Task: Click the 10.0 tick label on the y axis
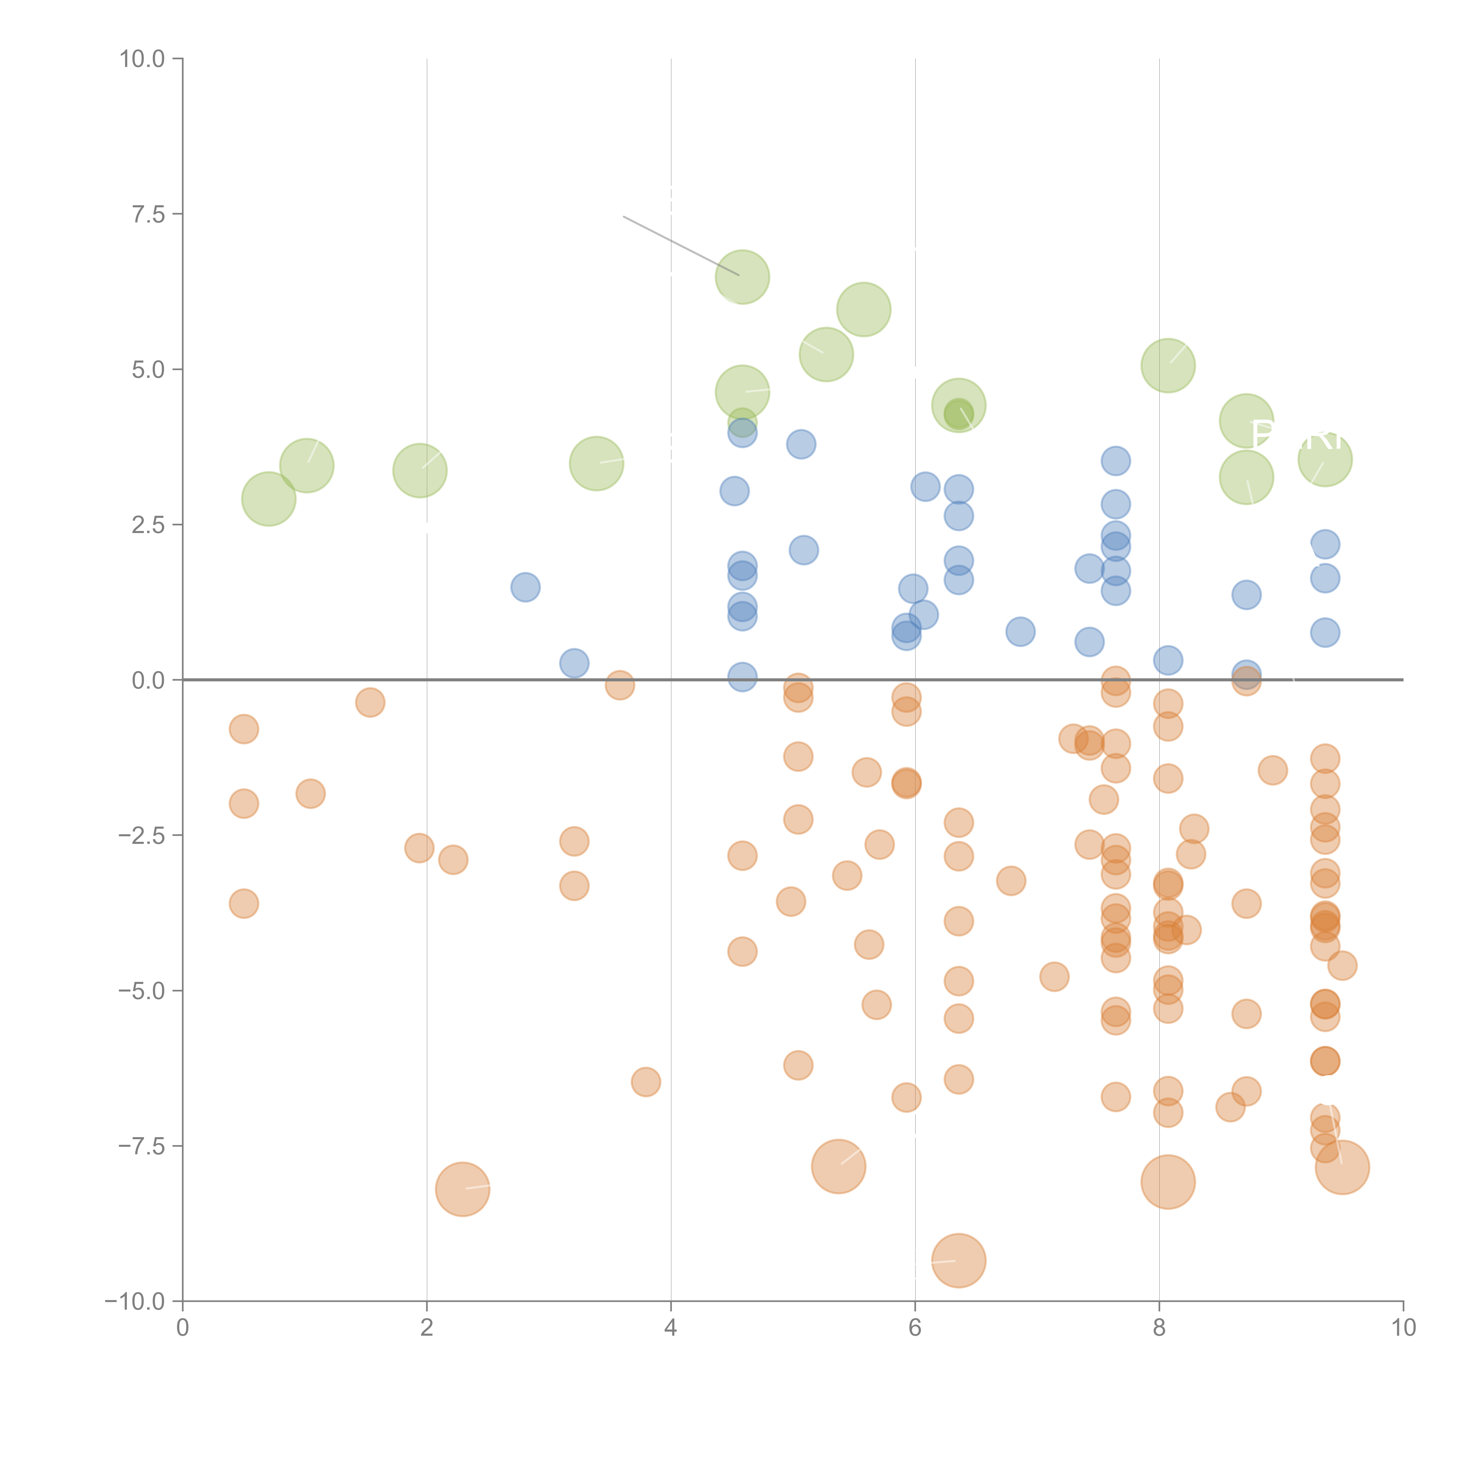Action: (142, 59)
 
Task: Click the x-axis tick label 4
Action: (670, 1328)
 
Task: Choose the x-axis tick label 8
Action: (1159, 1328)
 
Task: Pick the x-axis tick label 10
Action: (1403, 1328)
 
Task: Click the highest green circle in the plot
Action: (742, 277)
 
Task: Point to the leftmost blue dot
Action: (525, 587)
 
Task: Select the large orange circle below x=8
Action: (1168, 1182)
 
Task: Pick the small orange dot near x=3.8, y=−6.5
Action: (646, 1082)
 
